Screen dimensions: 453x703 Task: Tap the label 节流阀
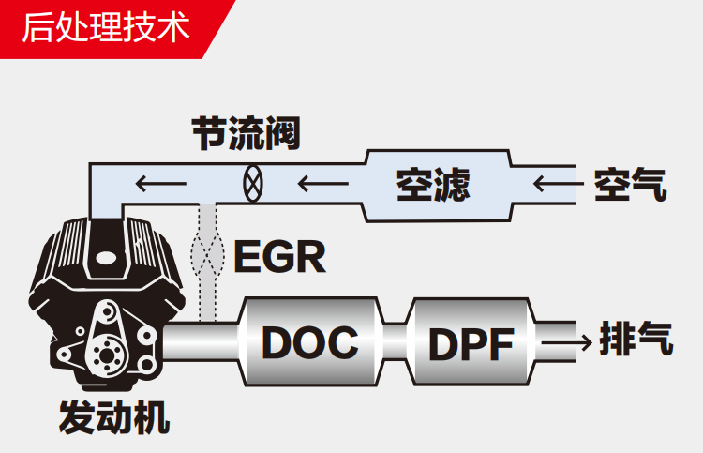coord(247,134)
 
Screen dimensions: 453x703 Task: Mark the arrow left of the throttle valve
coord(158,182)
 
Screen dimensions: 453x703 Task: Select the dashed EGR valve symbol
coord(208,251)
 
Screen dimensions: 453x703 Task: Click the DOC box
coord(310,342)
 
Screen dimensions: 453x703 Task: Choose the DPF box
coord(471,343)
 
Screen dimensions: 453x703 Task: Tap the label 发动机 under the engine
coord(113,416)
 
